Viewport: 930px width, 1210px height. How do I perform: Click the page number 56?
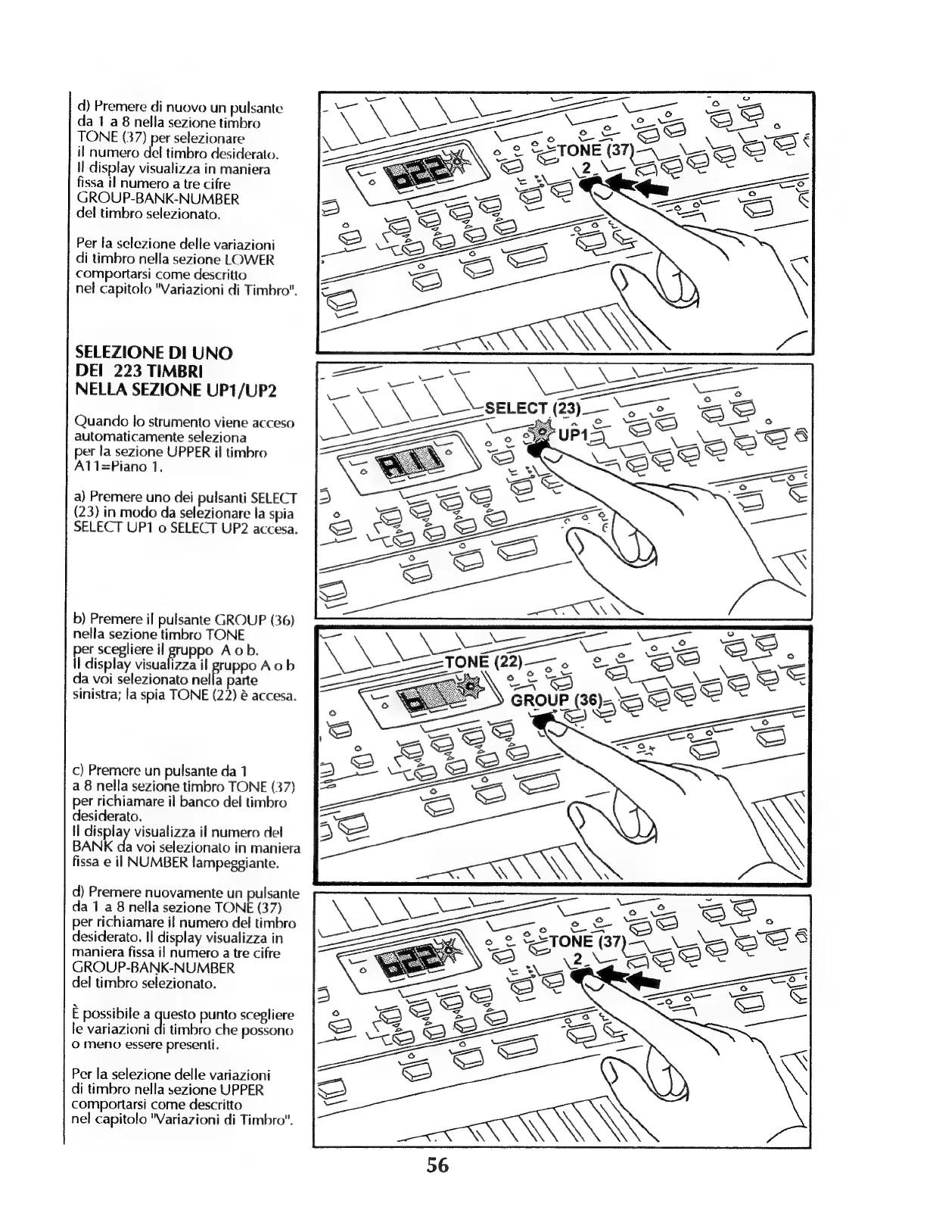tap(437, 1165)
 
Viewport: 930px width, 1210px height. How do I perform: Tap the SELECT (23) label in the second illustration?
tap(532, 409)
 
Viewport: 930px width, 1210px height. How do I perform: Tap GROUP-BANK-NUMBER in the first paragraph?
tap(157, 199)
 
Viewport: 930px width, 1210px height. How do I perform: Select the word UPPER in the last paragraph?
tap(241, 1090)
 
